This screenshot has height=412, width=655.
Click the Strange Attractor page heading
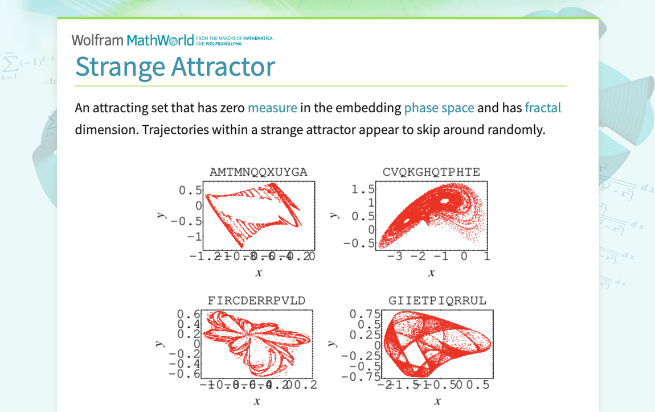tap(175, 67)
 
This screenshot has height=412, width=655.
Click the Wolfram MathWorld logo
tap(133, 40)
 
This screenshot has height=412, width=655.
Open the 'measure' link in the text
tap(272, 108)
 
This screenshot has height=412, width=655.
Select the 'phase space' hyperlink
tap(439, 108)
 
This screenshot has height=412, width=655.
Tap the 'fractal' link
tap(542, 108)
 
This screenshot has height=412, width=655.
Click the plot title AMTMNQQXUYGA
tap(258, 172)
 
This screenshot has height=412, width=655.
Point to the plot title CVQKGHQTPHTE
tap(431, 172)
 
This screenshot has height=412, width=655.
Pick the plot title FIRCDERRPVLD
tap(256, 300)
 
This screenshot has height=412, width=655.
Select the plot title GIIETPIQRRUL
tap(437, 300)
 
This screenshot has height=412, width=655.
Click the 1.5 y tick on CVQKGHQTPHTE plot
tap(363, 189)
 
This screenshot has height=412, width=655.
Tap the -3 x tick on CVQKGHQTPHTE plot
tap(394, 256)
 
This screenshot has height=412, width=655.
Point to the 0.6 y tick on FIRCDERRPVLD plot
tap(189, 314)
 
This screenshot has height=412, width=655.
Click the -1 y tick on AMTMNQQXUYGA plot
tap(197, 236)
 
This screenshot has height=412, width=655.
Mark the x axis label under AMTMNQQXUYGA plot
tap(259, 273)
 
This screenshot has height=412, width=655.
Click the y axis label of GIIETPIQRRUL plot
tap(332, 344)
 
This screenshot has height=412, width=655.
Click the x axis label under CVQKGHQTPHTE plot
tap(431, 273)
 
